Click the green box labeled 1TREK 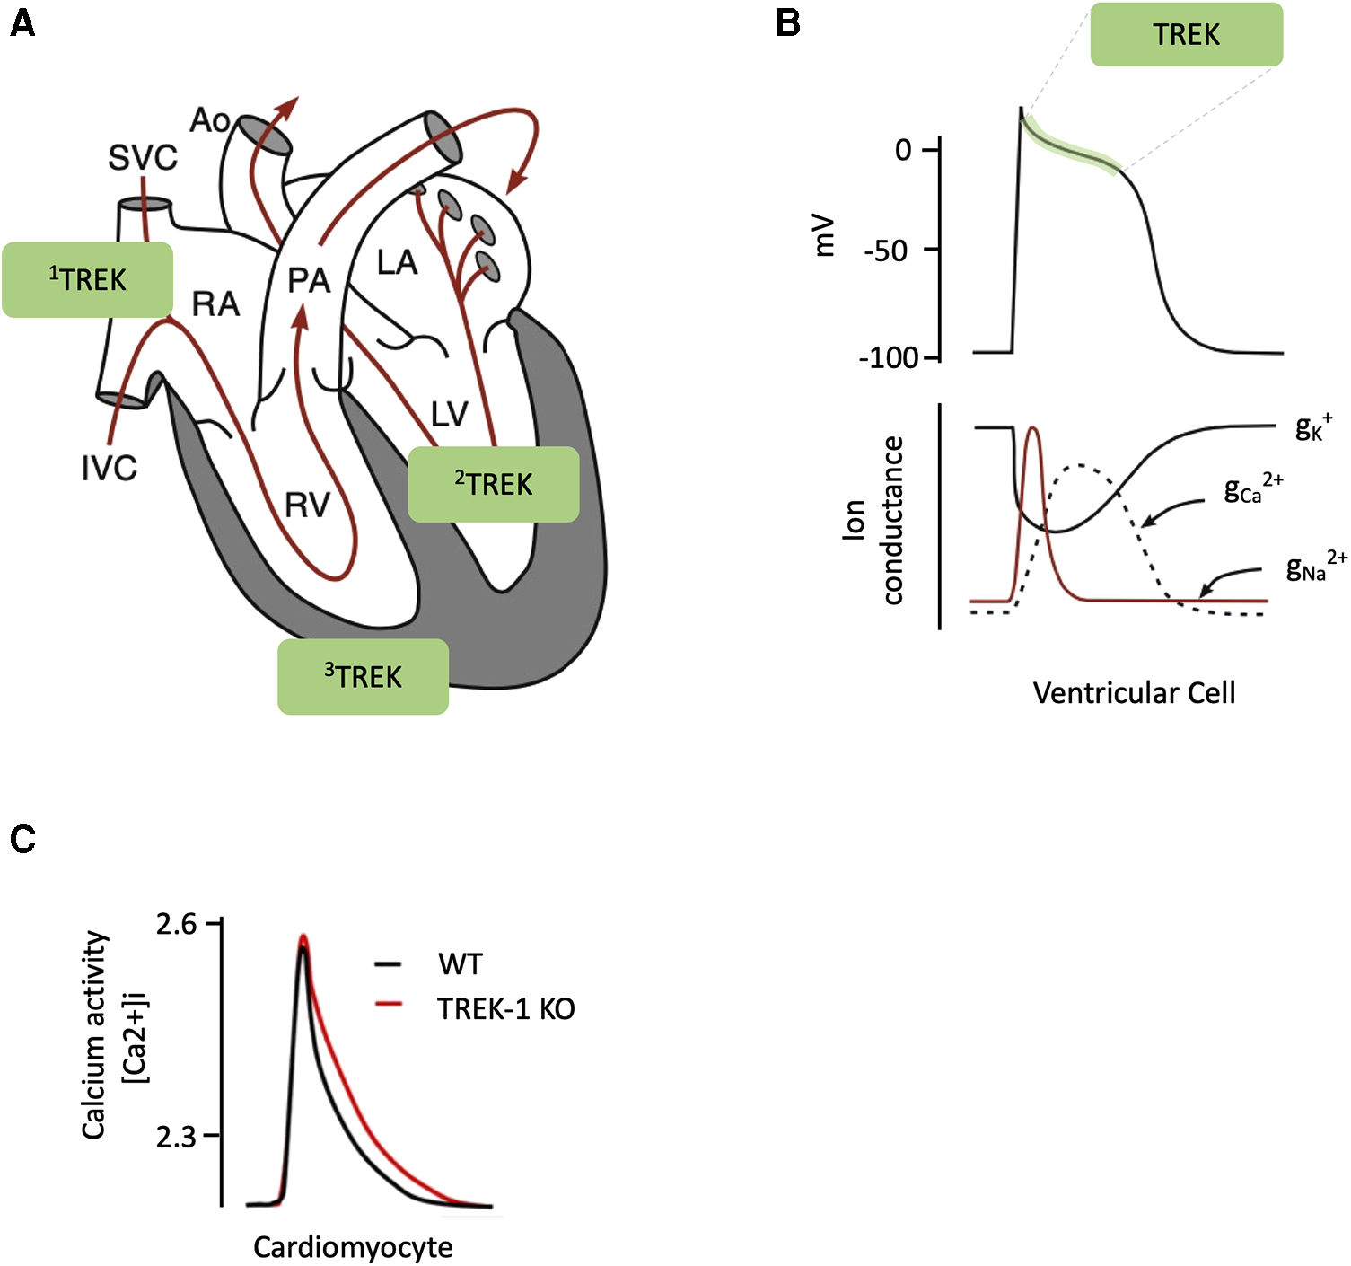coord(87,279)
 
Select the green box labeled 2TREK coord(493,484)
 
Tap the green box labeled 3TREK coord(363,676)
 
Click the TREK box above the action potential coord(1186,34)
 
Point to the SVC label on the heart coord(143,158)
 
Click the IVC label coord(110,468)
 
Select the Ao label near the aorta coord(210,120)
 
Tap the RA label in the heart coord(215,304)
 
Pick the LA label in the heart coord(397,263)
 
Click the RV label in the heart coord(307,506)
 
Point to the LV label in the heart coord(449,414)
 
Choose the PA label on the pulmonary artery coord(309,281)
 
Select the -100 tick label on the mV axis coord(889,358)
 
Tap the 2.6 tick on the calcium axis coord(177,924)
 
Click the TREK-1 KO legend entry coord(505,1009)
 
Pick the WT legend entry coord(460,964)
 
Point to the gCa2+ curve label coord(1252,488)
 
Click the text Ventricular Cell coord(1134,692)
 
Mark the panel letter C coord(22,839)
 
